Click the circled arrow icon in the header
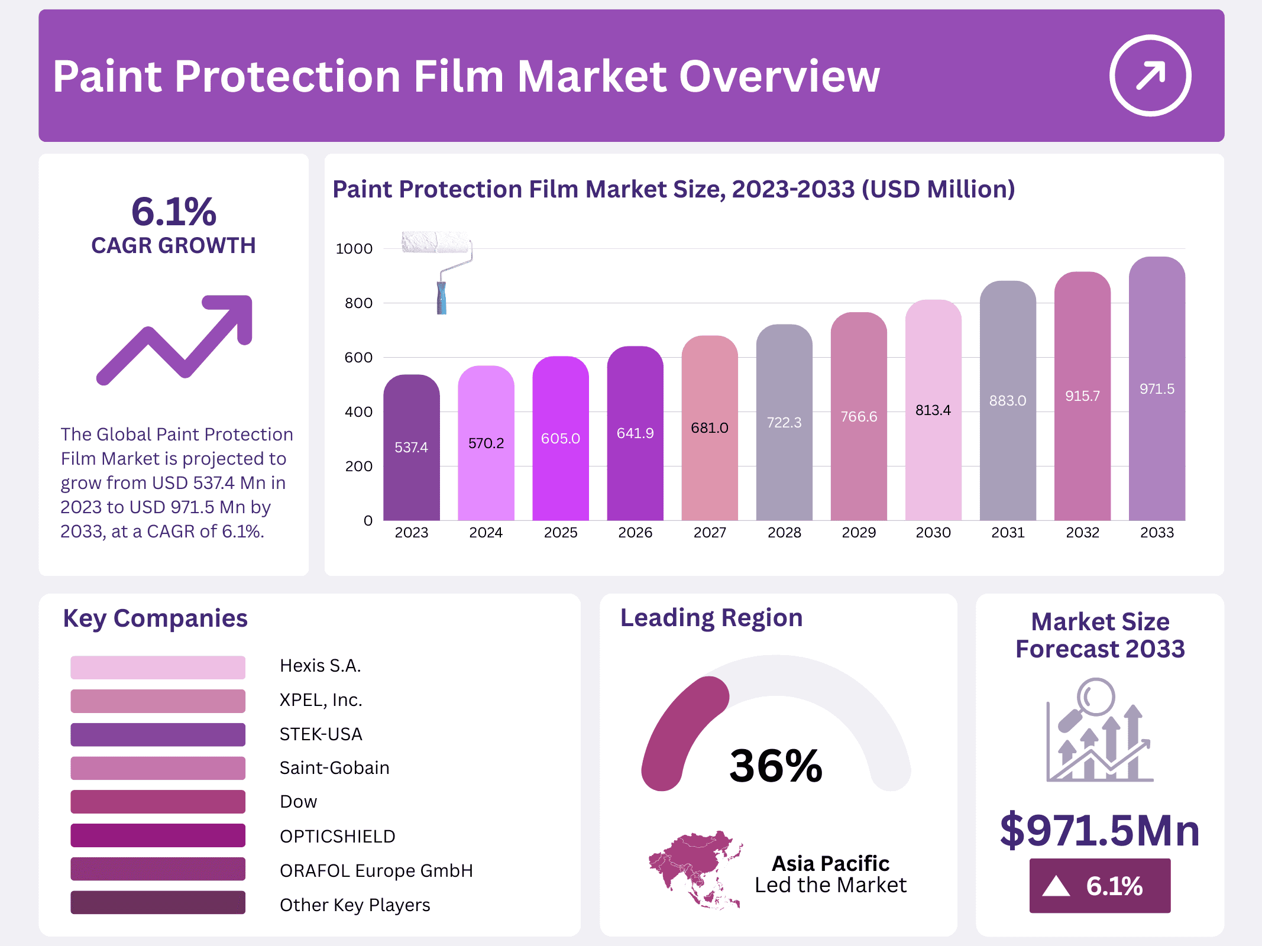[1150, 76]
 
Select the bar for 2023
[411, 449]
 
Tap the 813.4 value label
[933, 410]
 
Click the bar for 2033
[1156, 390]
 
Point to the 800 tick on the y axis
[358, 303]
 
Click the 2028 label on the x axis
[784, 533]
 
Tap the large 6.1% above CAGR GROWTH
[173, 212]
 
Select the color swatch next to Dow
[158, 802]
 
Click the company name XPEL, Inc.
[321, 700]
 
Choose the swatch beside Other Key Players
[158, 903]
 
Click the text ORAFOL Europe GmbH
[376, 871]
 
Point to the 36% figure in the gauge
[775, 766]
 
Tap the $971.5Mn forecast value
[1099, 830]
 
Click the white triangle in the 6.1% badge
[1056, 886]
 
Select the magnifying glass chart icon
[1099, 730]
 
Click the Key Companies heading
[155, 618]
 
